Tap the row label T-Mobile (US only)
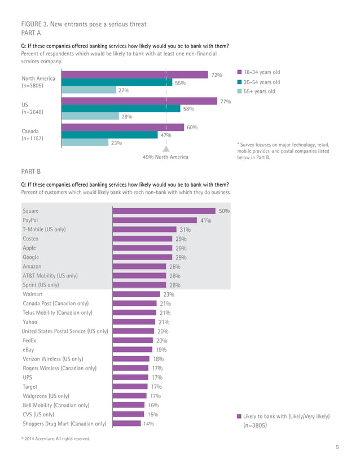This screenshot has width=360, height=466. (x=44, y=230)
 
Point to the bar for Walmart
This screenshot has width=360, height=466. (x=137, y=294)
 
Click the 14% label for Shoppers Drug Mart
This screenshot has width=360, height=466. (x=148, y=424)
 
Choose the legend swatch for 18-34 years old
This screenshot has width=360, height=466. (x=240, y=72)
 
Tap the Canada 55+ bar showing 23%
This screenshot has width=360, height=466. (x=84, y=143)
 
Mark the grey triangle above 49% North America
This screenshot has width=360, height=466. (x=166, y=150)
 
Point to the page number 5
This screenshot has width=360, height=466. (x=337, y=447)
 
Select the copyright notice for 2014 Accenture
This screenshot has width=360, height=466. (x=55, y=438)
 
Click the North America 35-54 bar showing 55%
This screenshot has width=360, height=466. (x=116, y=82)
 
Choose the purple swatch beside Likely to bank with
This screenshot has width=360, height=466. (x=239, y=417)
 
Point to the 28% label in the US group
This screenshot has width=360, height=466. (x=126, y=117)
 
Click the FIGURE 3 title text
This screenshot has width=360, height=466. (x=84, y=24)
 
